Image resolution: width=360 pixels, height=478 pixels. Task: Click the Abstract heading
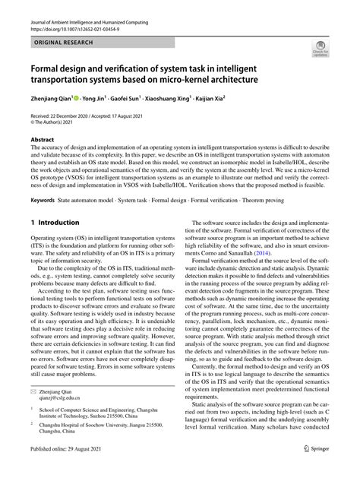tap(42, 140)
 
